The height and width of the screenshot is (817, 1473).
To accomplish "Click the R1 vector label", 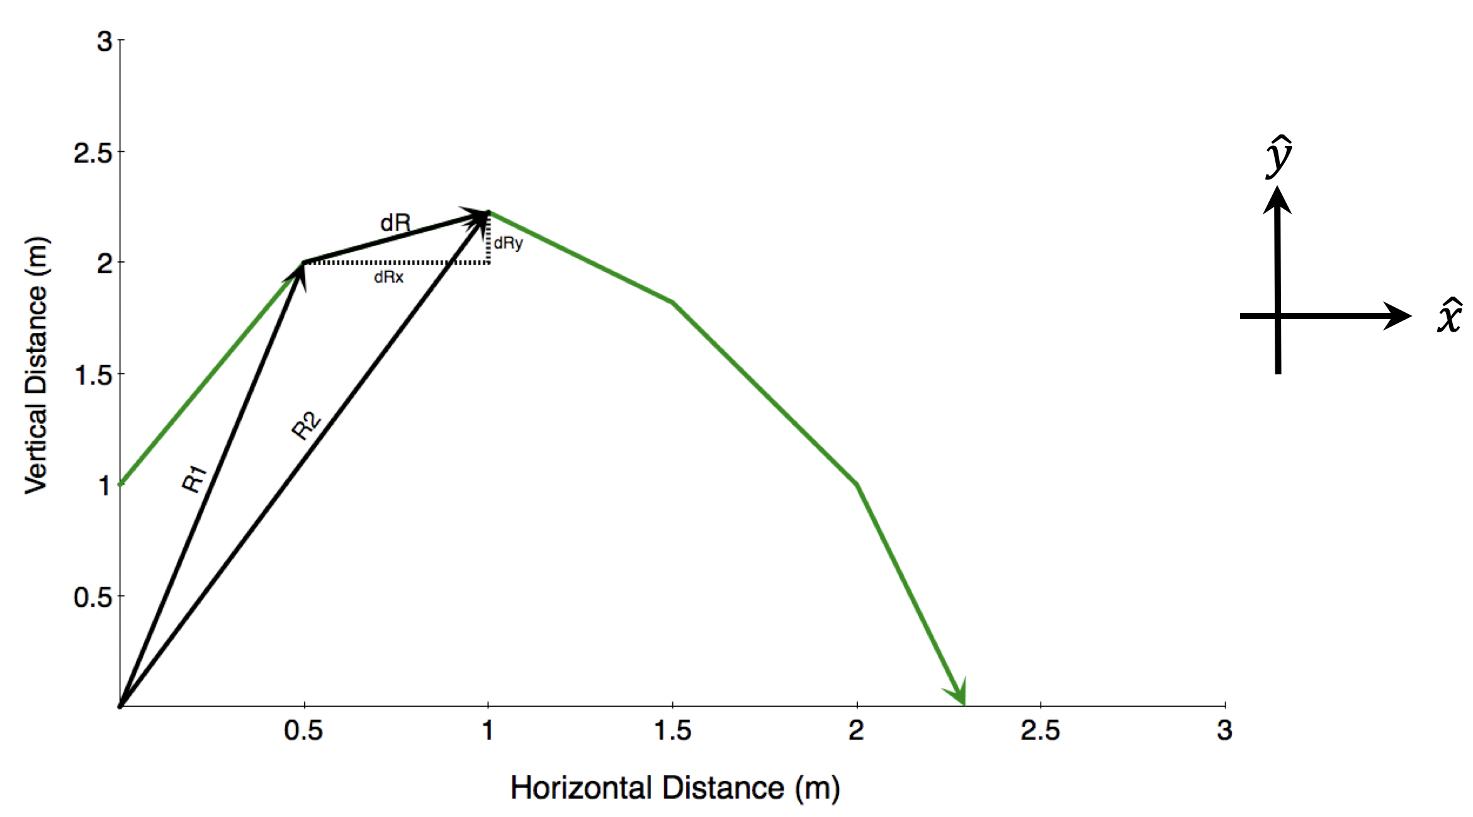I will coord(194,479).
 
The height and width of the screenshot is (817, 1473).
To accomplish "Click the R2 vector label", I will coord(307,426).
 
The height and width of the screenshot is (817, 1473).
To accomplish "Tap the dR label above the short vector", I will coord(395,223).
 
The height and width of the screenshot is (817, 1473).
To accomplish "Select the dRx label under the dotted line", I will coord(388,278).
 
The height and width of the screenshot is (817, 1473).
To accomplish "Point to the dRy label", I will coord(508,243).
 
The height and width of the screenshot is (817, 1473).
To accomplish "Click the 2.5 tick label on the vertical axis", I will coord(93,153).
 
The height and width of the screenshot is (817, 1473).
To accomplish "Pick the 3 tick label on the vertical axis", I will coord(104,42).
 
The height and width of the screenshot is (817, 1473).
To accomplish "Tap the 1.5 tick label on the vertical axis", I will coord(93,376).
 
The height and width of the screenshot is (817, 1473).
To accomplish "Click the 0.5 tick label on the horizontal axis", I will coord(303,731).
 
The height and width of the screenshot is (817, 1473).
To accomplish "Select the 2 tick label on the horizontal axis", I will coord(856,731).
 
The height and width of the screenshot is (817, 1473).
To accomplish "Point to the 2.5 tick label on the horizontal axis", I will coord(1040,731).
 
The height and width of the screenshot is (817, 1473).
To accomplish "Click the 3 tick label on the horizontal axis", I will coord(1224,731).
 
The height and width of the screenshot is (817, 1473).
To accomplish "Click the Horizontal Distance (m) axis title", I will coord(675,788).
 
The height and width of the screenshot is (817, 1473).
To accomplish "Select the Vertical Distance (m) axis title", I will coord(37,365).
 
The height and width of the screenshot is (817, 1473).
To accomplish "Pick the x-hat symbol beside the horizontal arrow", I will coord(1449,316).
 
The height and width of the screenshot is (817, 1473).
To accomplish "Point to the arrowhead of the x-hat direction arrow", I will coord(1396,315).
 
